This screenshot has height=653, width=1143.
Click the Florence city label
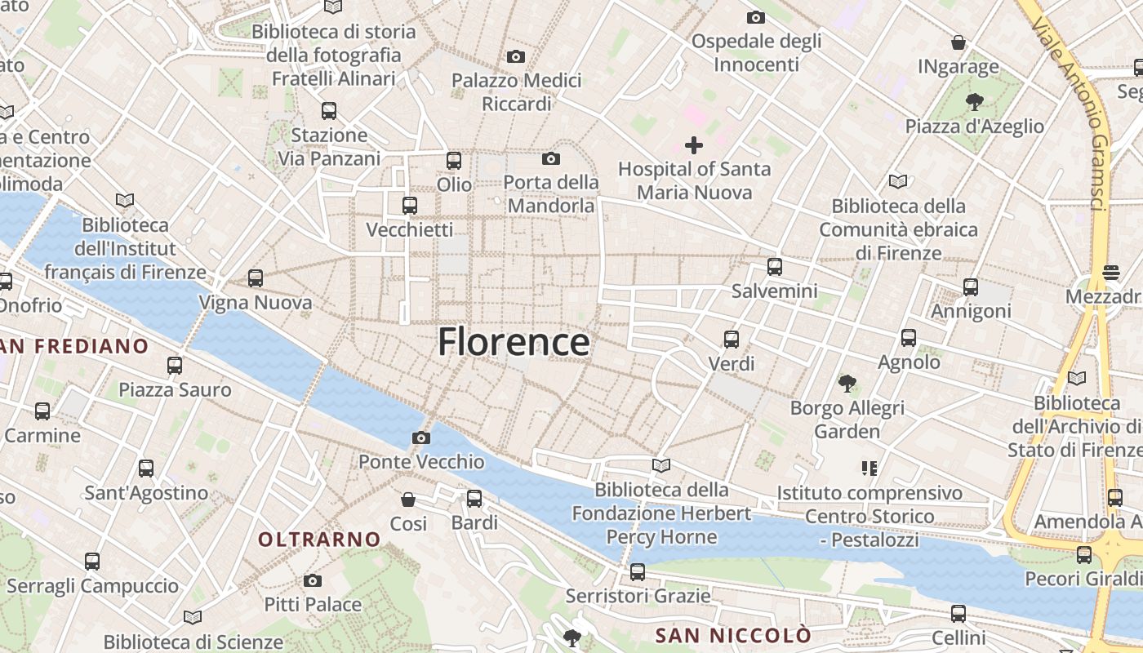(514, 342)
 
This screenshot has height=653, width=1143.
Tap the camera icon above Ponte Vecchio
(421, 438)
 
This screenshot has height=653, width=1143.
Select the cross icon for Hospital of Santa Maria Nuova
(694, 145)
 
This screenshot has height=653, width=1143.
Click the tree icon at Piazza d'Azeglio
(974, 102)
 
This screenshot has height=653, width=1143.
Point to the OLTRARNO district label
(319, 540)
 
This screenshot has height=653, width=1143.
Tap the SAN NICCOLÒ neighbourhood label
(734, 635)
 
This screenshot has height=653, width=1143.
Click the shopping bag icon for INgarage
(958, 42)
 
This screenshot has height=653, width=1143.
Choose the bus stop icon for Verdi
(732, 340)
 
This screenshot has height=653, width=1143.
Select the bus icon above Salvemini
(775, 267)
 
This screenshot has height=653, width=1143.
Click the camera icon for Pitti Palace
(313, 581)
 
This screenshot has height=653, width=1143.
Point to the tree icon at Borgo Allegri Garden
(847, 383)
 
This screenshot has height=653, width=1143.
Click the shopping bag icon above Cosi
(408, 500)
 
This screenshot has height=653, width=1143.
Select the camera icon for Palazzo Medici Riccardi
(516, 56)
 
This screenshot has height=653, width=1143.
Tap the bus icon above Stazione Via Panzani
(329, 111)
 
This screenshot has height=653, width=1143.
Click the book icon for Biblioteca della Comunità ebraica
(898, 181)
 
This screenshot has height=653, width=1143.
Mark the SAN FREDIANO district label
(75, 346)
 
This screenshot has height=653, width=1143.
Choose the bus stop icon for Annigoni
(971, 287)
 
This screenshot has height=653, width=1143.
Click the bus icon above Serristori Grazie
(638, 572)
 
